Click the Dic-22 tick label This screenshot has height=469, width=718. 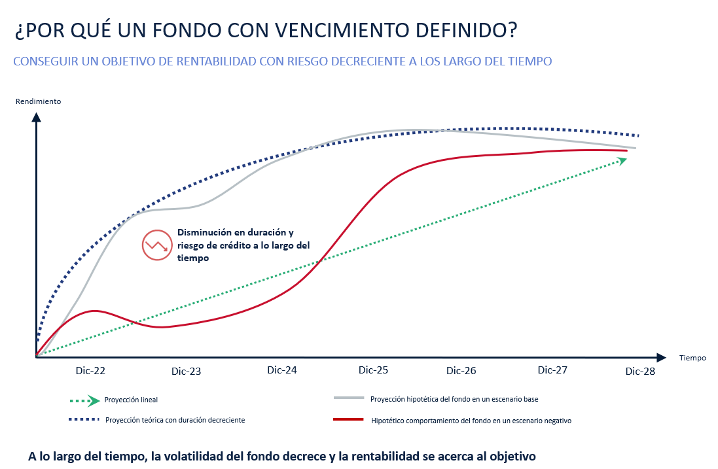click(90, 370)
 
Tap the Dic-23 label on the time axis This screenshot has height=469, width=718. click(187, 372)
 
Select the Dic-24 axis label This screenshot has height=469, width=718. click(282, 370)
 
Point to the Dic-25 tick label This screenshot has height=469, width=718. click(374, 370)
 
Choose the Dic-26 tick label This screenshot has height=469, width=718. click(461, 371)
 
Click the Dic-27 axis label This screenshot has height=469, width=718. click(552, 370)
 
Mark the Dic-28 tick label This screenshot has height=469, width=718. click(640, 372)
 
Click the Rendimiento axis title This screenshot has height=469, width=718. click(39, 101)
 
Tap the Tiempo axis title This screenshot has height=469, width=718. click(692, 358)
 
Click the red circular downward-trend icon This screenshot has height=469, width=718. click(156, 245)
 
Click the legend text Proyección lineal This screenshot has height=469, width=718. click(131, 400)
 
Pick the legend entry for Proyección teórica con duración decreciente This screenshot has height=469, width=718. click(175, 419)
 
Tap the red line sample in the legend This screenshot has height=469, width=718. click(348, 419)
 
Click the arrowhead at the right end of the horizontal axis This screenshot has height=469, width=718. click(661, 357)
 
